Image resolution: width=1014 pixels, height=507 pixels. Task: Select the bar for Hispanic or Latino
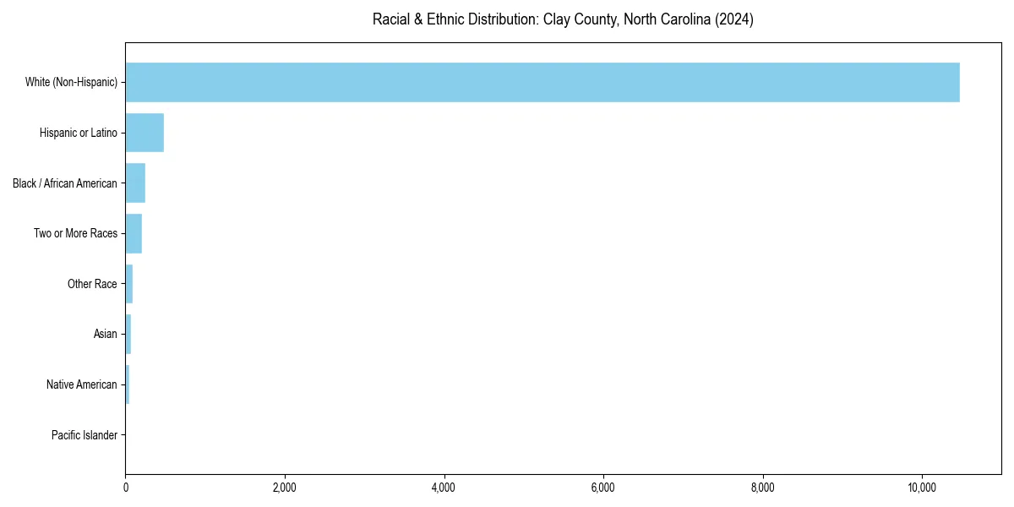144,133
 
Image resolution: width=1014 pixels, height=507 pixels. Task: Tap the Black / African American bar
135,183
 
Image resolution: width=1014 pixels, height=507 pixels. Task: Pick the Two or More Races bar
134,233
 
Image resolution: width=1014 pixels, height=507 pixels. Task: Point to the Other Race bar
129,284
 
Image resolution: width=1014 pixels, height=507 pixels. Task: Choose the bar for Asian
128,334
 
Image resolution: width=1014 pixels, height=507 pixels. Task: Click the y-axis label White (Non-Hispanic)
71,82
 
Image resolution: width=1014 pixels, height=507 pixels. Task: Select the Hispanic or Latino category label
79,133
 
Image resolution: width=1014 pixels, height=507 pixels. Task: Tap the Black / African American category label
65,183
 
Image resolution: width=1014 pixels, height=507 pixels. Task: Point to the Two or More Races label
75,233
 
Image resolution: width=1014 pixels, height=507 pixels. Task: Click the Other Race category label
92,284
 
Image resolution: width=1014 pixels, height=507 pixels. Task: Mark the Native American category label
82,384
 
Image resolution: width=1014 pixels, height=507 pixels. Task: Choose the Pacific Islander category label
84,435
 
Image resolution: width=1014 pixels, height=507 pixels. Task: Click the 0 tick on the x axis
126,488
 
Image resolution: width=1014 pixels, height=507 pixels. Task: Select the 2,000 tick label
285,488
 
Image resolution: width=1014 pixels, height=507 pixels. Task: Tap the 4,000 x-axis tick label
444,488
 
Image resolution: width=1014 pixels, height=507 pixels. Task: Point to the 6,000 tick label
603,488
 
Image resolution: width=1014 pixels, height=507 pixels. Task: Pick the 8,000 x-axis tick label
762,488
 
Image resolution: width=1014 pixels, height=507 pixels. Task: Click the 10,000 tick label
922,488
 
